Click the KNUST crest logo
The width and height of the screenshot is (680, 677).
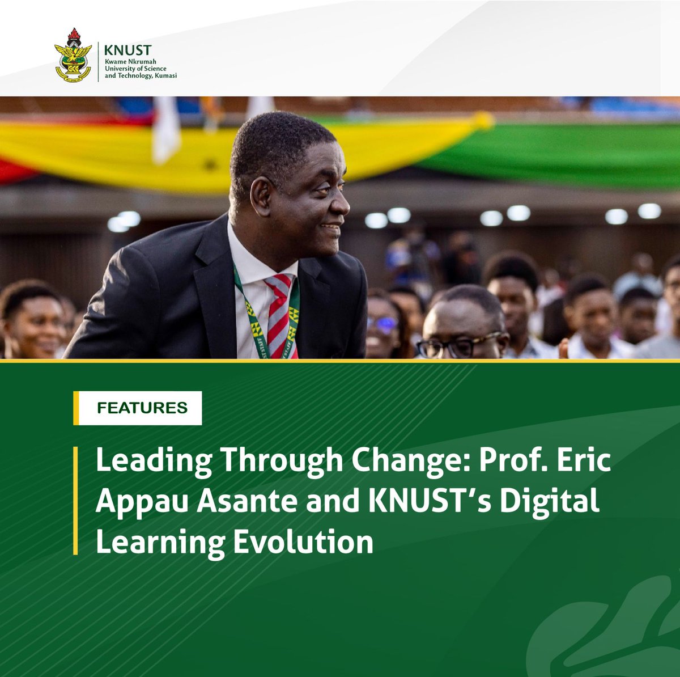click(72, 56)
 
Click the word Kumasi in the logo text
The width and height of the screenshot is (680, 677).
click(165, 75)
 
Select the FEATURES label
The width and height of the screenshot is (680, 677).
click(142, 408)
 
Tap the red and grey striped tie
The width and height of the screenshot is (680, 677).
click(279, 315)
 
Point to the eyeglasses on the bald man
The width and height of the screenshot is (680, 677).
click(460, 345)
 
